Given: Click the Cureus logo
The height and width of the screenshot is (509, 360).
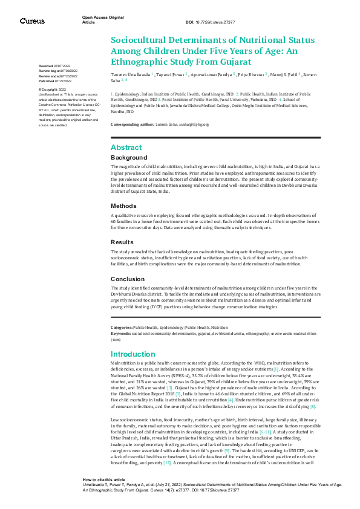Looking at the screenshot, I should tap(32, 21).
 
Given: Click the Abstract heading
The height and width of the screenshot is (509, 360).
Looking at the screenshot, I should tap(126, 148).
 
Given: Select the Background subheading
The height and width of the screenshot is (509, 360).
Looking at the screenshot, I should tap(128, 158).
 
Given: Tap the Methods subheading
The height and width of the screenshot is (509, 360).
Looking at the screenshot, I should tap(123, 206).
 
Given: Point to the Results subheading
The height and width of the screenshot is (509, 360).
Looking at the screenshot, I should tap(123, 241).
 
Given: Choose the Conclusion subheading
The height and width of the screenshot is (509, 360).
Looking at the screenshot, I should tap(128, 279).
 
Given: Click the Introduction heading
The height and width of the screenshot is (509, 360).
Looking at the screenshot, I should tap(133, 354).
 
